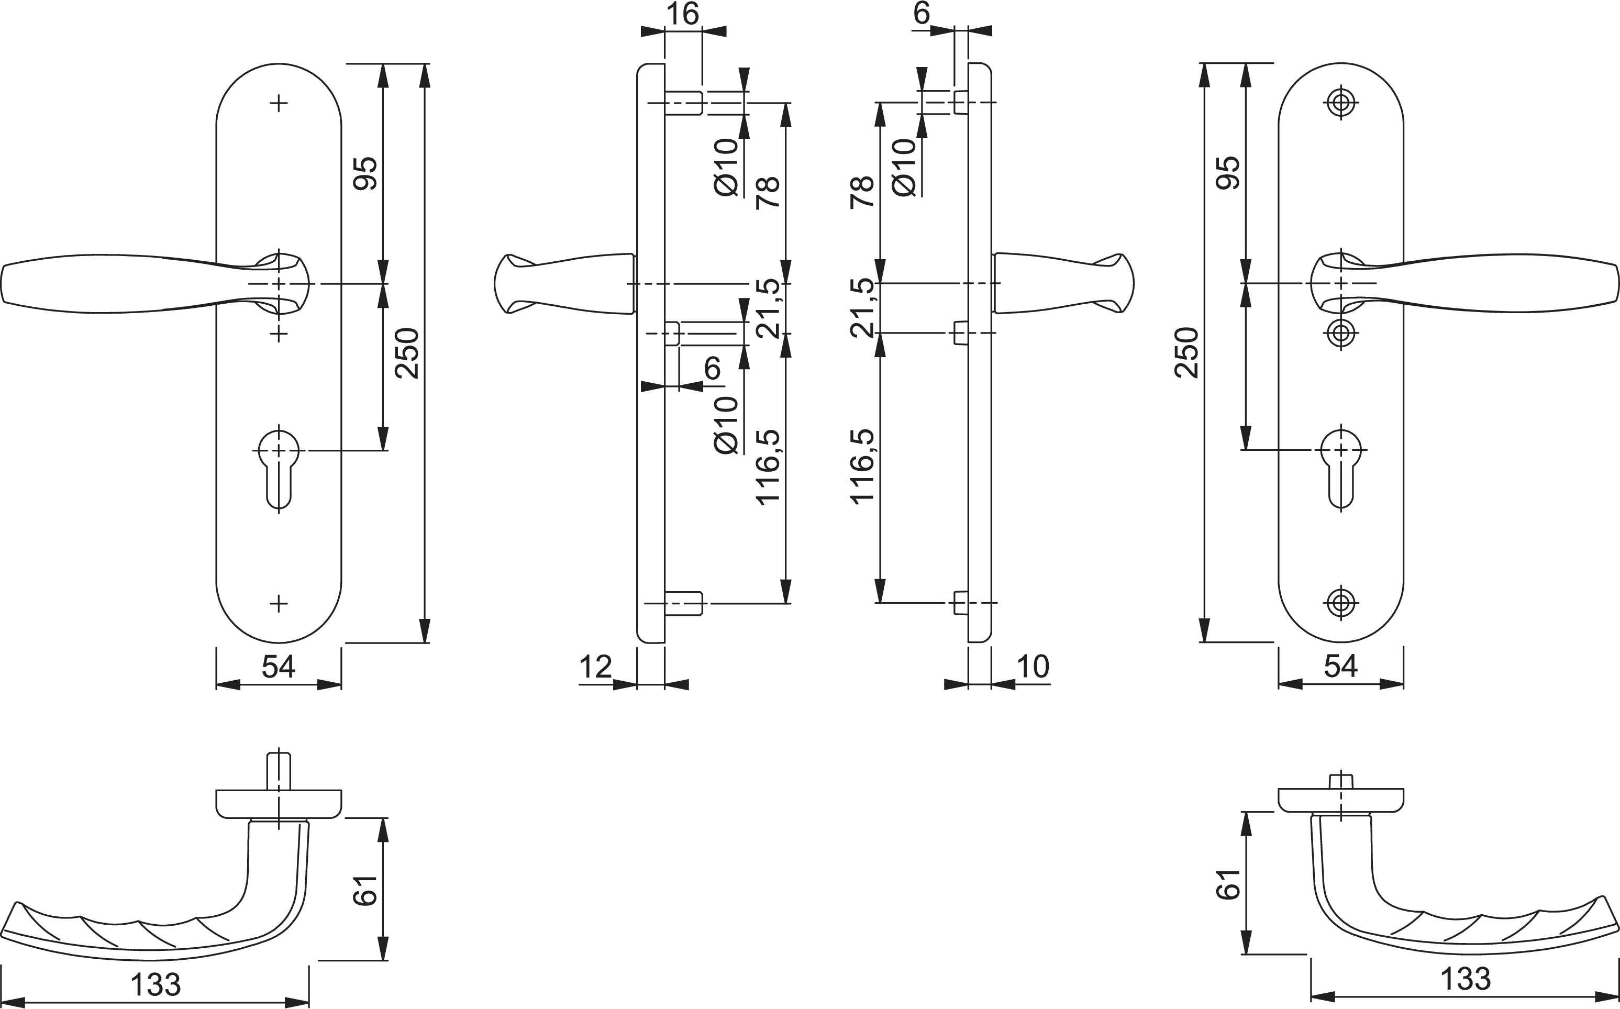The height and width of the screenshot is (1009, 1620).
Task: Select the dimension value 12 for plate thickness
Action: pyautogui.click(x=595, y=667)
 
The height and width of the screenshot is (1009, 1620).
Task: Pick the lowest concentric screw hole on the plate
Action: pyautogui.click(x=1341, y=602)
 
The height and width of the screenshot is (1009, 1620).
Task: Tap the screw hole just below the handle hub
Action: pyautogui.click(x=1341, y=332)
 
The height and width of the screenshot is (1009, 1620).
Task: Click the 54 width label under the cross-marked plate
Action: pyautogui.click(x=278, y=667)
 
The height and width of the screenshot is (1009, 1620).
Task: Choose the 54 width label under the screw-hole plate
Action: pyautogui.click(x=1340, y=667)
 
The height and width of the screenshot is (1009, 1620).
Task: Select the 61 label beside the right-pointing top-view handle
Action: pyautogui.click(x=1228, y=884)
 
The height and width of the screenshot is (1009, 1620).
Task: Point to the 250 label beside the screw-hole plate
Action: pyautogui.click(x=1187, y=352)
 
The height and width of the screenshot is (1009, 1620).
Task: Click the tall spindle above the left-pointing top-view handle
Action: pyautogui.click(x=279, y=771)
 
